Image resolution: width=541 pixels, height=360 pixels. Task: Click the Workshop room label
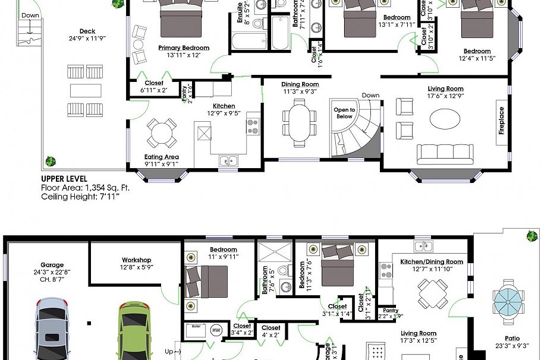tap(137, 260)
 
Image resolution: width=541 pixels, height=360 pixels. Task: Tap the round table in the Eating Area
tap(162, 133)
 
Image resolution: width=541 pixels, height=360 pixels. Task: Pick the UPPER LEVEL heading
tap(64, 178)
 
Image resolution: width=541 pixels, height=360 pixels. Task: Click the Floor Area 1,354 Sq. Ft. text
tap(85, 187)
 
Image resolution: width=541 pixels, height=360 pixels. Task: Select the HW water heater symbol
tap(216, 329)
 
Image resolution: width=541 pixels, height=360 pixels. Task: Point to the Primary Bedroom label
tap(184, 48)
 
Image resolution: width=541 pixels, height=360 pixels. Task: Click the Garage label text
tap(52, 266)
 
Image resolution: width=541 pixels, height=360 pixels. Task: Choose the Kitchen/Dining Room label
tap(432, 262)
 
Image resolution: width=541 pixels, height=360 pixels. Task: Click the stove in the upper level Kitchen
tap(253, 126)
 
